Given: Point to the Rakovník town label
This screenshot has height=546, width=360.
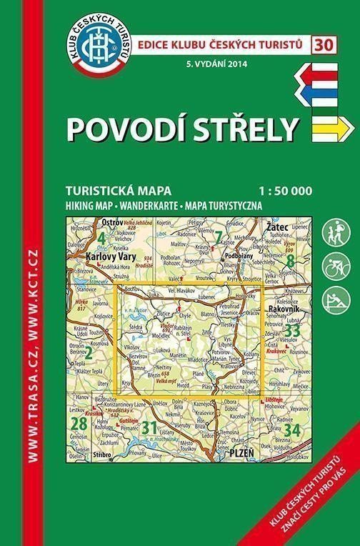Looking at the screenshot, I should (281, 312).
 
